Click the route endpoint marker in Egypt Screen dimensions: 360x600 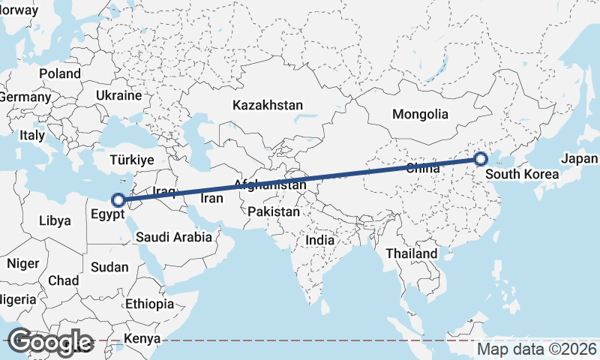(118, 200)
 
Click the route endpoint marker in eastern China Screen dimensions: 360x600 (481, 158)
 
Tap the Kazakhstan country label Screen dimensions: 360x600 (267, 105)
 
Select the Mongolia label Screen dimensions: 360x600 (420, 115)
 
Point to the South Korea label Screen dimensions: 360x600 (522, 176)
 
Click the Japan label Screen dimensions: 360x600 (579, 159)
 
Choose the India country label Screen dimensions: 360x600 (320, 240)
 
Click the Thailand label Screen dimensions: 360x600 (412, 253)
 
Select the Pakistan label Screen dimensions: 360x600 (274, 211)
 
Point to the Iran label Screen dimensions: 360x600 (211, 199)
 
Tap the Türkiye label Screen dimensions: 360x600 (131, 160)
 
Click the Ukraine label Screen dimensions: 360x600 (118, 96)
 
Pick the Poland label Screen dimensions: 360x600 (59, 73)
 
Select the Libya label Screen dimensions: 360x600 (55, 221)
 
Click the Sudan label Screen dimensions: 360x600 (109, 267)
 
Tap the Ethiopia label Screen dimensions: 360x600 (150, 304)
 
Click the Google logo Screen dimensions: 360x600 (50, 341)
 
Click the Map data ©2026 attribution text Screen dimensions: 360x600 (538, 349)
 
